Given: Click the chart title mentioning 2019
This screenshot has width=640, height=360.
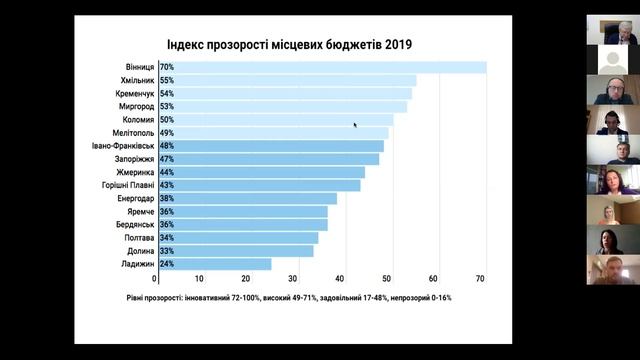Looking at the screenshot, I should (288, 44).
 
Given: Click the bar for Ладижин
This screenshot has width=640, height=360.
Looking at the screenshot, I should (214, 264).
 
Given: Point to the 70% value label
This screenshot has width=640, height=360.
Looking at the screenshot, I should (166, 67).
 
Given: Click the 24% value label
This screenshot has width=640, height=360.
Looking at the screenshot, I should (166, 264).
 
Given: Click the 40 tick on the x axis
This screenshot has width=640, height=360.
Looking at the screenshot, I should (340, 278).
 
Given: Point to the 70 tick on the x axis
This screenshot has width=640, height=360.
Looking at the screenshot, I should (481, 278).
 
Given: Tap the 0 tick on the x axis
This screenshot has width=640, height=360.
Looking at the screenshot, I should (155, 278).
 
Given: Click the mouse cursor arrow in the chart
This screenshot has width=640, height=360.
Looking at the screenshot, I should (355, 125).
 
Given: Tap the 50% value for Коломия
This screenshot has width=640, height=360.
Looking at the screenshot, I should (166, 119).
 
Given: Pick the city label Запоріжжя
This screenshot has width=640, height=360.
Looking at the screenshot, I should (129, 159).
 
